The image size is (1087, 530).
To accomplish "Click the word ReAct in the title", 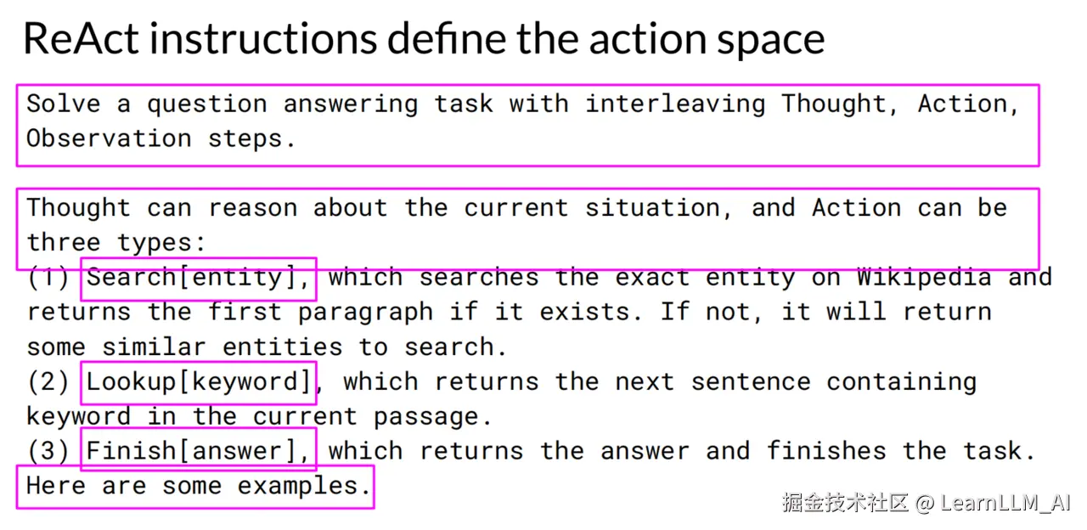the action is point(81,38).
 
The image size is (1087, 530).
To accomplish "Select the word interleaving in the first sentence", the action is point(675,104).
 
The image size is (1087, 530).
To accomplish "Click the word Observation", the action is point(110,138).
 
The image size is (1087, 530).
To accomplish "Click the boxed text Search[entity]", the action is point(198,278).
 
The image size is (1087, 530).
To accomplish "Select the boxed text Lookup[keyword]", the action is point(199,382).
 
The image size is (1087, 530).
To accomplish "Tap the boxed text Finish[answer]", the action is point(198,451).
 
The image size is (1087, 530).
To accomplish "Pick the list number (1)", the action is point(48,278).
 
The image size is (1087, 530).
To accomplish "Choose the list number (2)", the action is point(48,382).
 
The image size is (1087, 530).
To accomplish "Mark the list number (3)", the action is point(48,451).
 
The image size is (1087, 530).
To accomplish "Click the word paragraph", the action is point(365,313).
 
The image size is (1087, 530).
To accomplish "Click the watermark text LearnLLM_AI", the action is point(1005,503).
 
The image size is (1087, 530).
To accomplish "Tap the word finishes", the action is point(826,451).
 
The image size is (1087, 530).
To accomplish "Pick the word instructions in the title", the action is point(263,38).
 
